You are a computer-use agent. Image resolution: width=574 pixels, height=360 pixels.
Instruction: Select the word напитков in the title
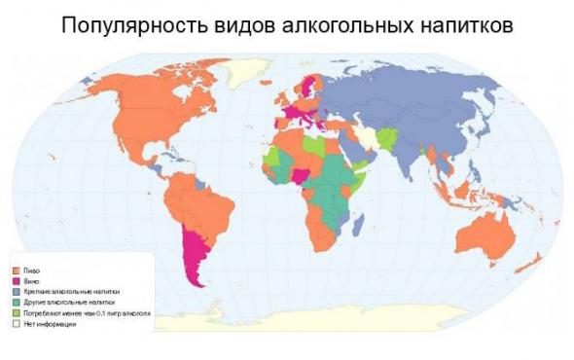click(460, 22)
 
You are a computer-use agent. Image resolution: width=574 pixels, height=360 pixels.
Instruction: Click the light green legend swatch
click(15, 313)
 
